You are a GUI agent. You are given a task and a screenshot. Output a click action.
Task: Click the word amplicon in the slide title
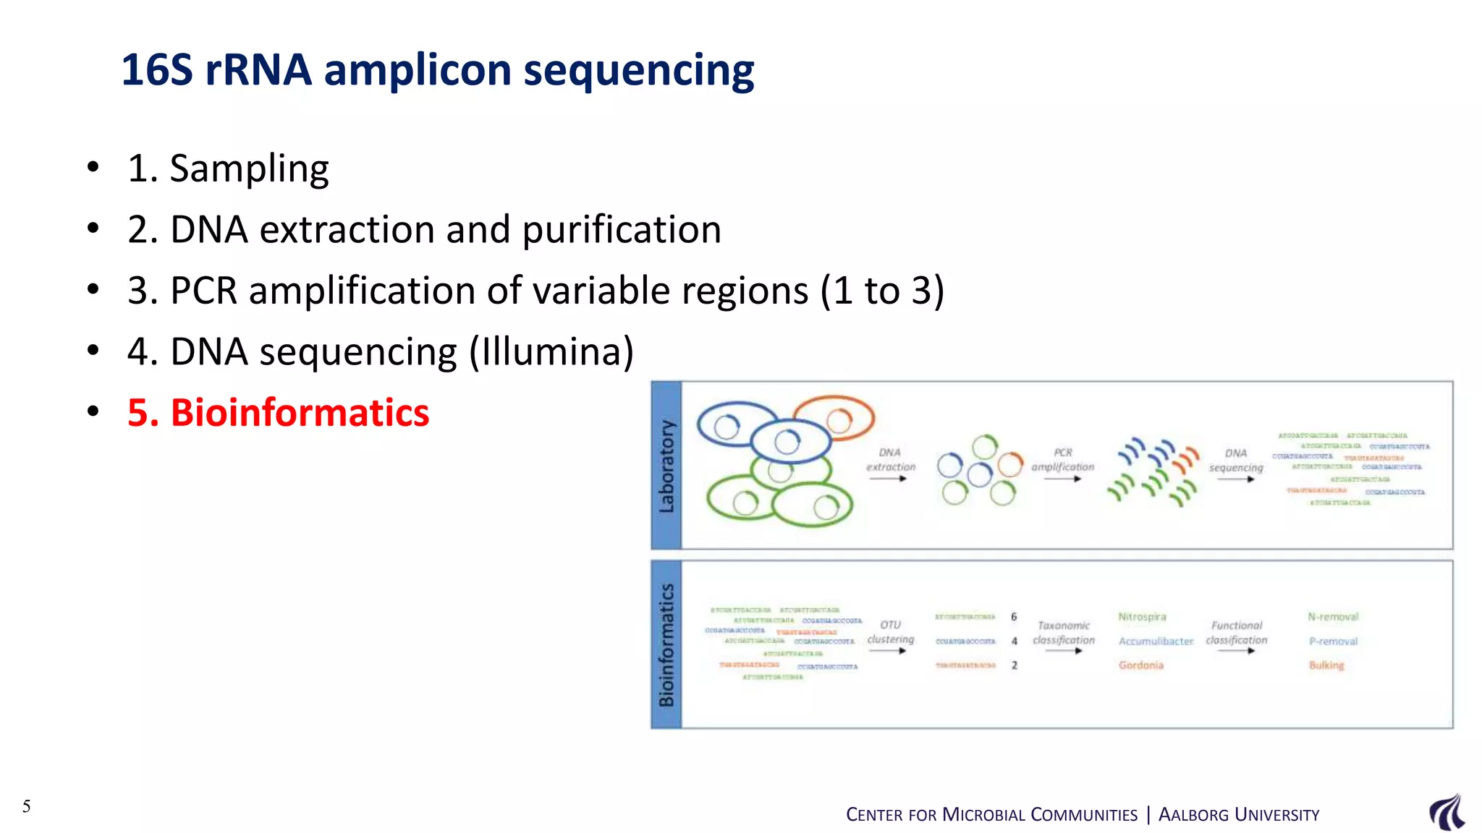point(418,70)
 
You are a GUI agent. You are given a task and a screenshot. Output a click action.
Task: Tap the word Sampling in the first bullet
point(249,169)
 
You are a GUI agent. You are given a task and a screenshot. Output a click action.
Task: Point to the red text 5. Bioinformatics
point(278,413)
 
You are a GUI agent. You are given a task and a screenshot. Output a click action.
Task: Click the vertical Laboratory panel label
point(666,466)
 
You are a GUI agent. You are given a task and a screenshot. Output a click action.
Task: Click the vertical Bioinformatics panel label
point(666,644)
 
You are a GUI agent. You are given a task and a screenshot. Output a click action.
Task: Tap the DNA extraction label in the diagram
point(890,460)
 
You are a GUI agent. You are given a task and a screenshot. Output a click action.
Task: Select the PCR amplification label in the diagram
point(1062,460)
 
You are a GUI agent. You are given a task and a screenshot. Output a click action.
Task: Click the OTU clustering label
point(890,632)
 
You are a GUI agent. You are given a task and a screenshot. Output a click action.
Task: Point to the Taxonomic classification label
point(1063,633)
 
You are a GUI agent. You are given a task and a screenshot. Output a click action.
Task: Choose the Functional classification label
point(1236,633)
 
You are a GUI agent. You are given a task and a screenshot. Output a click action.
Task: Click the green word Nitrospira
point(1142,617)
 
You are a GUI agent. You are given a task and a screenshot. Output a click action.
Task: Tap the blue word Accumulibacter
point(1156,641)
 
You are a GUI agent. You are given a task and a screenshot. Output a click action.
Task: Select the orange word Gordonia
point(1140,665)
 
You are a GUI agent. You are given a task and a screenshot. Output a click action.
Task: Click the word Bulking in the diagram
point(1326,665)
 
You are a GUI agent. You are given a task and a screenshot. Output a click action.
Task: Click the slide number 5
point(27,806)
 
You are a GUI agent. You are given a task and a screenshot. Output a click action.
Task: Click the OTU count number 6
point(1014,617)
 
